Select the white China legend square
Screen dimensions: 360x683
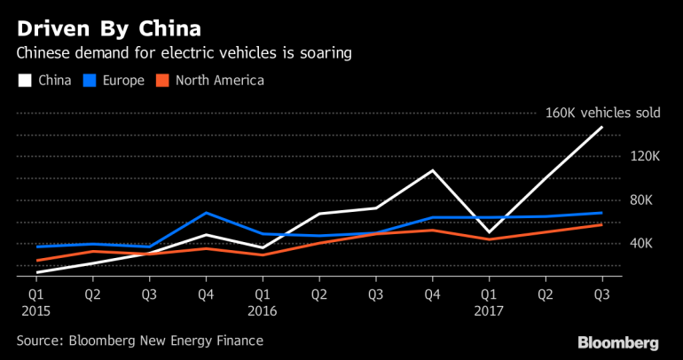pyautogui.click(x=24, y=81)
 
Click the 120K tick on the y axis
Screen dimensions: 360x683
pyautogui.click(x=644, y=156)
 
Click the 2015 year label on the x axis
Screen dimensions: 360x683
pyautogui.click(x=36, y=311)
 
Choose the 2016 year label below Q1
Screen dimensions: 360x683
pyautogui.click(x=263, y=311)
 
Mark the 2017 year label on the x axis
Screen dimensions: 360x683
pyautogui.click(x=489, y=311)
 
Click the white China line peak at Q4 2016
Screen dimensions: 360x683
pyautogui.click(x=433, y=170)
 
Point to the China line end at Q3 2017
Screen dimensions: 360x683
pyautogui.click(x=602, y=128)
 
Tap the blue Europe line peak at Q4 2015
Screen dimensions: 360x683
pyautogui.click(x=206, y=213)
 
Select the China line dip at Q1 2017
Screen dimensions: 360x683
pyautogui.click(x=489, y=232)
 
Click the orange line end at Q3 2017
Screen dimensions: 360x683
pyautogui.click(x=602, y=224)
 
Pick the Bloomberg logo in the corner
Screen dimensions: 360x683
pyautogui.click(x=618, y=341)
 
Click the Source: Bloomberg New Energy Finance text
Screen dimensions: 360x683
pyautogui.click(x=139, y=340)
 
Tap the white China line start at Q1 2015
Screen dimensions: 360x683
pyautogui.click(x=36, y=272)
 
